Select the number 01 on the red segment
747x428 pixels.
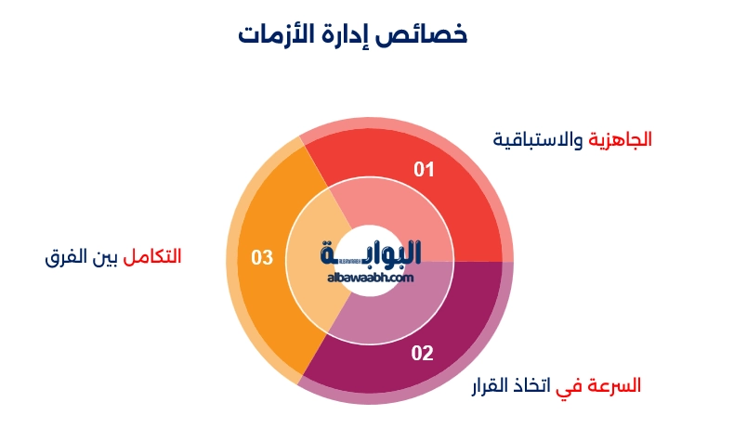coord(424,169)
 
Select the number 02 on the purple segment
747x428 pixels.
coord(422,353)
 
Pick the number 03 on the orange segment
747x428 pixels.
coord(262,257)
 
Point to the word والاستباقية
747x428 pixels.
coord(539,139)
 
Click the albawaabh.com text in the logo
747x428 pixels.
coord(370,277)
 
